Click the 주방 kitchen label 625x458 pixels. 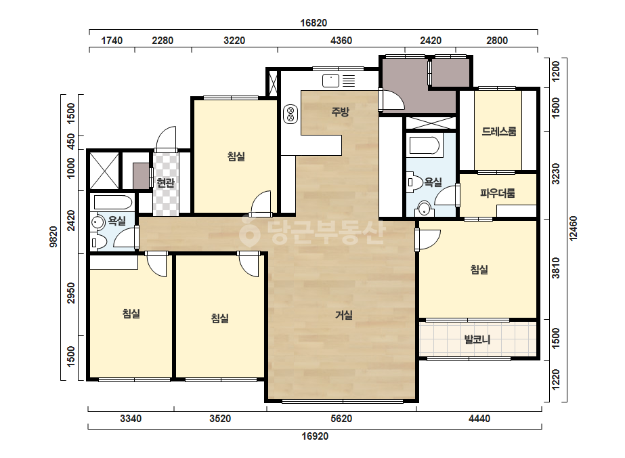[340, 112]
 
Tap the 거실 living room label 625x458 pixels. [343, 316]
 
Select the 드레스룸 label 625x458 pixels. [498, 131]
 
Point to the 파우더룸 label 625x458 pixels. [498, 194]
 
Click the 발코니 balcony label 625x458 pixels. [477, 340]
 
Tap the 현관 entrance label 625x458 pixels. [165, 183]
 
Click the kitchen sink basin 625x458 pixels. [330, 81]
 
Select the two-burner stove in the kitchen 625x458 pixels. [290, 114]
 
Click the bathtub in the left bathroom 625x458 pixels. [111, 203]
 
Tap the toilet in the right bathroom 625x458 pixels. [413, 182]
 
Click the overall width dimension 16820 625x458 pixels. [314, 23]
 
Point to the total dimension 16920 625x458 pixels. [315, 436]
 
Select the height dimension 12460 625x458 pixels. [573, 228]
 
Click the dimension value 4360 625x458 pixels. [341, 40]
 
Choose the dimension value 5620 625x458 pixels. [341, 419]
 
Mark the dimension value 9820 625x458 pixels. [53, 237]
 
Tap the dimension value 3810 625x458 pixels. [556, 268]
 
